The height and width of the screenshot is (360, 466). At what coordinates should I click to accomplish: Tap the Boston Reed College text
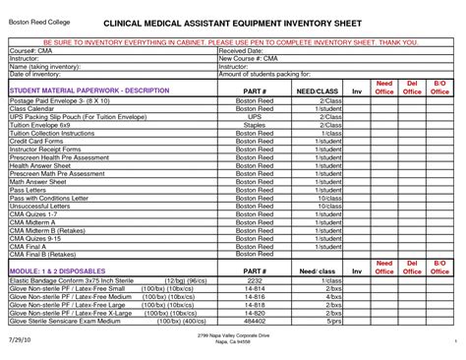point(35,20)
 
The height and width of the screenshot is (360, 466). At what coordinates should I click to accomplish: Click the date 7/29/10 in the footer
point(21,340)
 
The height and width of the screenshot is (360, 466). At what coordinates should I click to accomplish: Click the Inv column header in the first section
point(358,91)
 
